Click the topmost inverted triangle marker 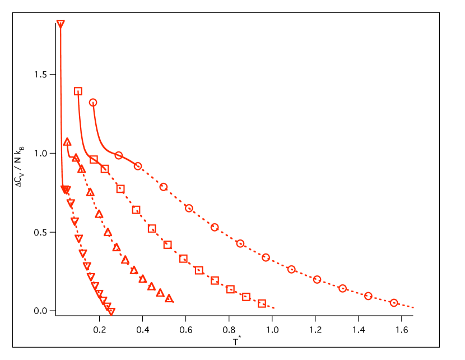pos(61,24)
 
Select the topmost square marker pos(78,91)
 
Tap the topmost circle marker pos(93,103)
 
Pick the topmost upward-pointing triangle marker pos(67,141)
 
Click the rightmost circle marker pos(394,303)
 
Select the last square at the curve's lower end pos(262,303)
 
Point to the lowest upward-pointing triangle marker pos(169,298)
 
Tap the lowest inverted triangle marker pos(111,312)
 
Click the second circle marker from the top pos(119,155)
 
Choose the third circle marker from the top pos(138,166)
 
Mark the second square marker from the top pos(94,160)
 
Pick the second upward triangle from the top pos(76,158)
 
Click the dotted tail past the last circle pos(407,306)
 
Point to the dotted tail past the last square pos(269,306)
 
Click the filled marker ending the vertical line pos(66,190)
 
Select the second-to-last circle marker pos(368,296)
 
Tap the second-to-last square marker pos(246,297)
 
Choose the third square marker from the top pos(105,169)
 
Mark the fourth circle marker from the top pos(164,187)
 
